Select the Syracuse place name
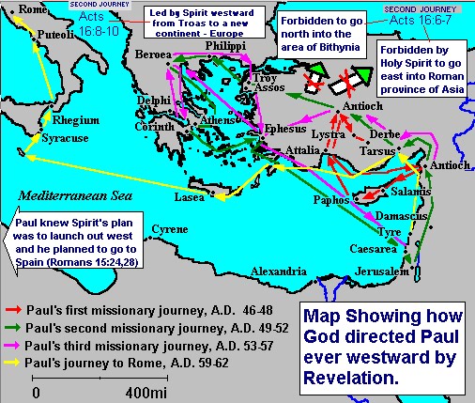pos(67,138)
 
